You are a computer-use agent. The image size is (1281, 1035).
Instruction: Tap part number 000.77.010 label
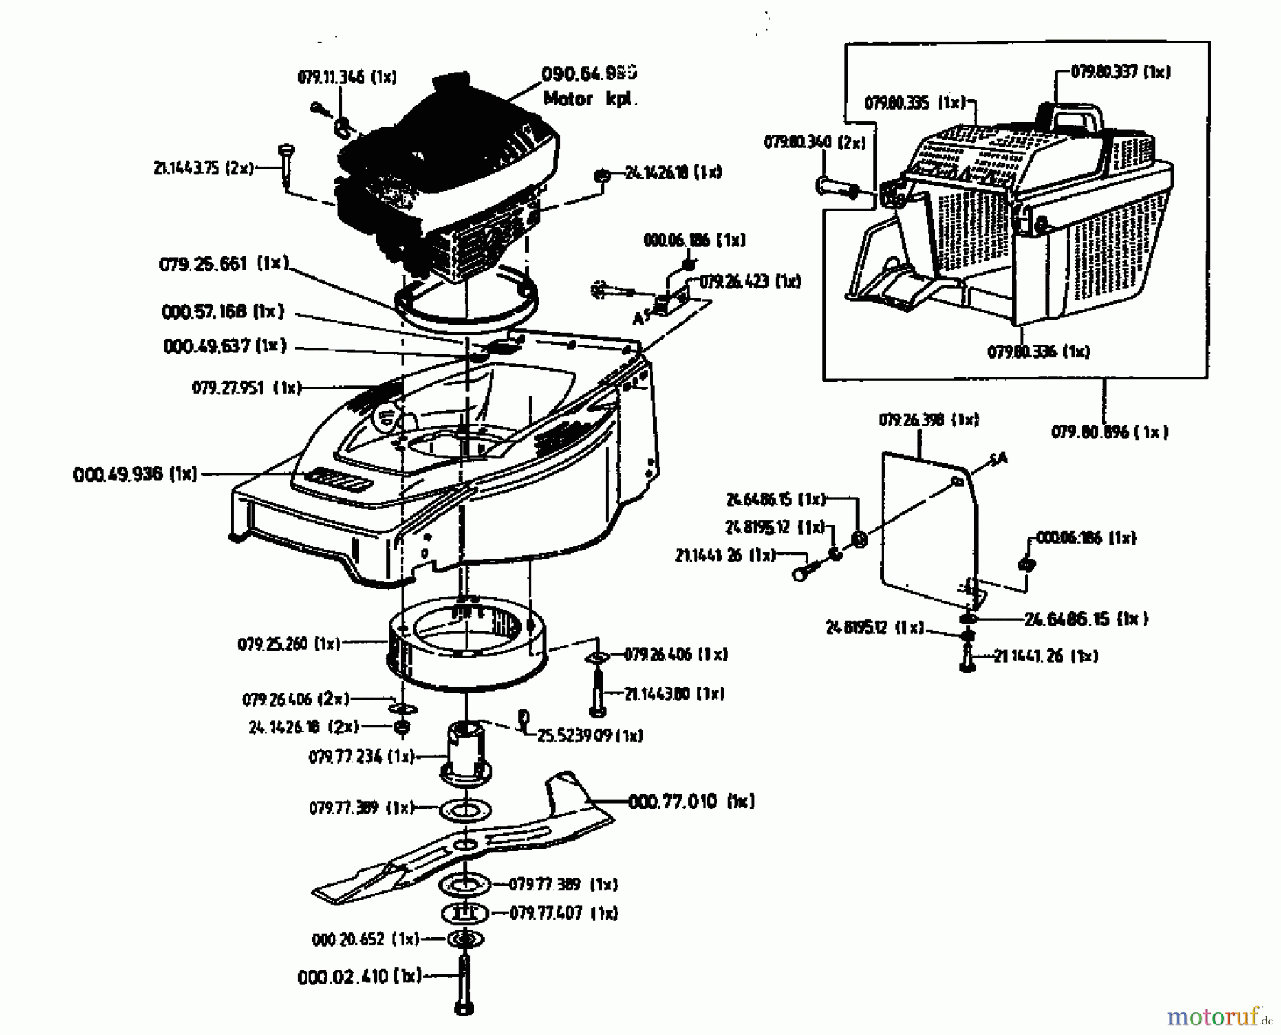coord(690,802)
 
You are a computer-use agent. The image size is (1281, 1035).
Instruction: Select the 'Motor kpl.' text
coord(590,100)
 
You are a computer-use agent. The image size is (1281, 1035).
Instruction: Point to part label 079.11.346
coord(347,77)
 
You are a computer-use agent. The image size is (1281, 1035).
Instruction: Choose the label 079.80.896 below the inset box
coord(1109,432)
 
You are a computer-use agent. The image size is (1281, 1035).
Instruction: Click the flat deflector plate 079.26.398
coord(925,527)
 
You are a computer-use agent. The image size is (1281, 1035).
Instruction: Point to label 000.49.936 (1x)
coord(135,474)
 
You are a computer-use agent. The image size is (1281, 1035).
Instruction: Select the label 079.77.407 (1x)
coord(564,913)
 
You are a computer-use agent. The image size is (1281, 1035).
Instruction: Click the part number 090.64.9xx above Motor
coord(589,73)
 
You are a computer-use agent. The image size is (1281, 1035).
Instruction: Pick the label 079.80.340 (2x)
coord(814,142)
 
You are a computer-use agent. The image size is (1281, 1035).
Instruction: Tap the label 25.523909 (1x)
coord(590,736)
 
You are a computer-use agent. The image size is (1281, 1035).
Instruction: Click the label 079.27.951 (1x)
coord(246,388)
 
